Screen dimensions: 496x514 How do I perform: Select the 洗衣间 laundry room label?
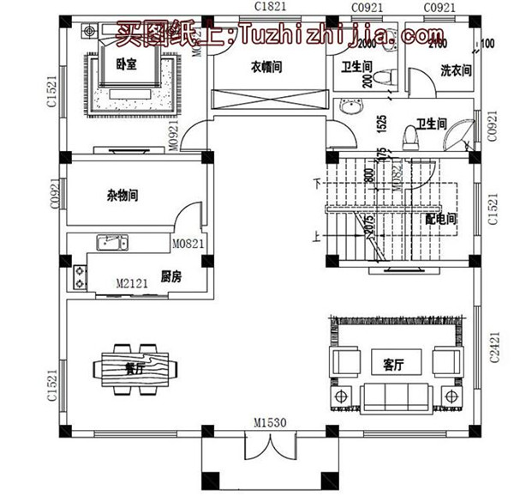pyautogui.click(x=456, y=70)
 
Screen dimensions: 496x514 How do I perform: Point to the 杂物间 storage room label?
pyautogui.click(x=123, y=196)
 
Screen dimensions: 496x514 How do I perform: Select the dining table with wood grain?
pyautogui.click(x=141, y=368)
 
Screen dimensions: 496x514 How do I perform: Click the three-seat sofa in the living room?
pyautogui.click(x=394, y=396)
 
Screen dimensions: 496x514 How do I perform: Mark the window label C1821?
pyautogui.click(x=270, y=7)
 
